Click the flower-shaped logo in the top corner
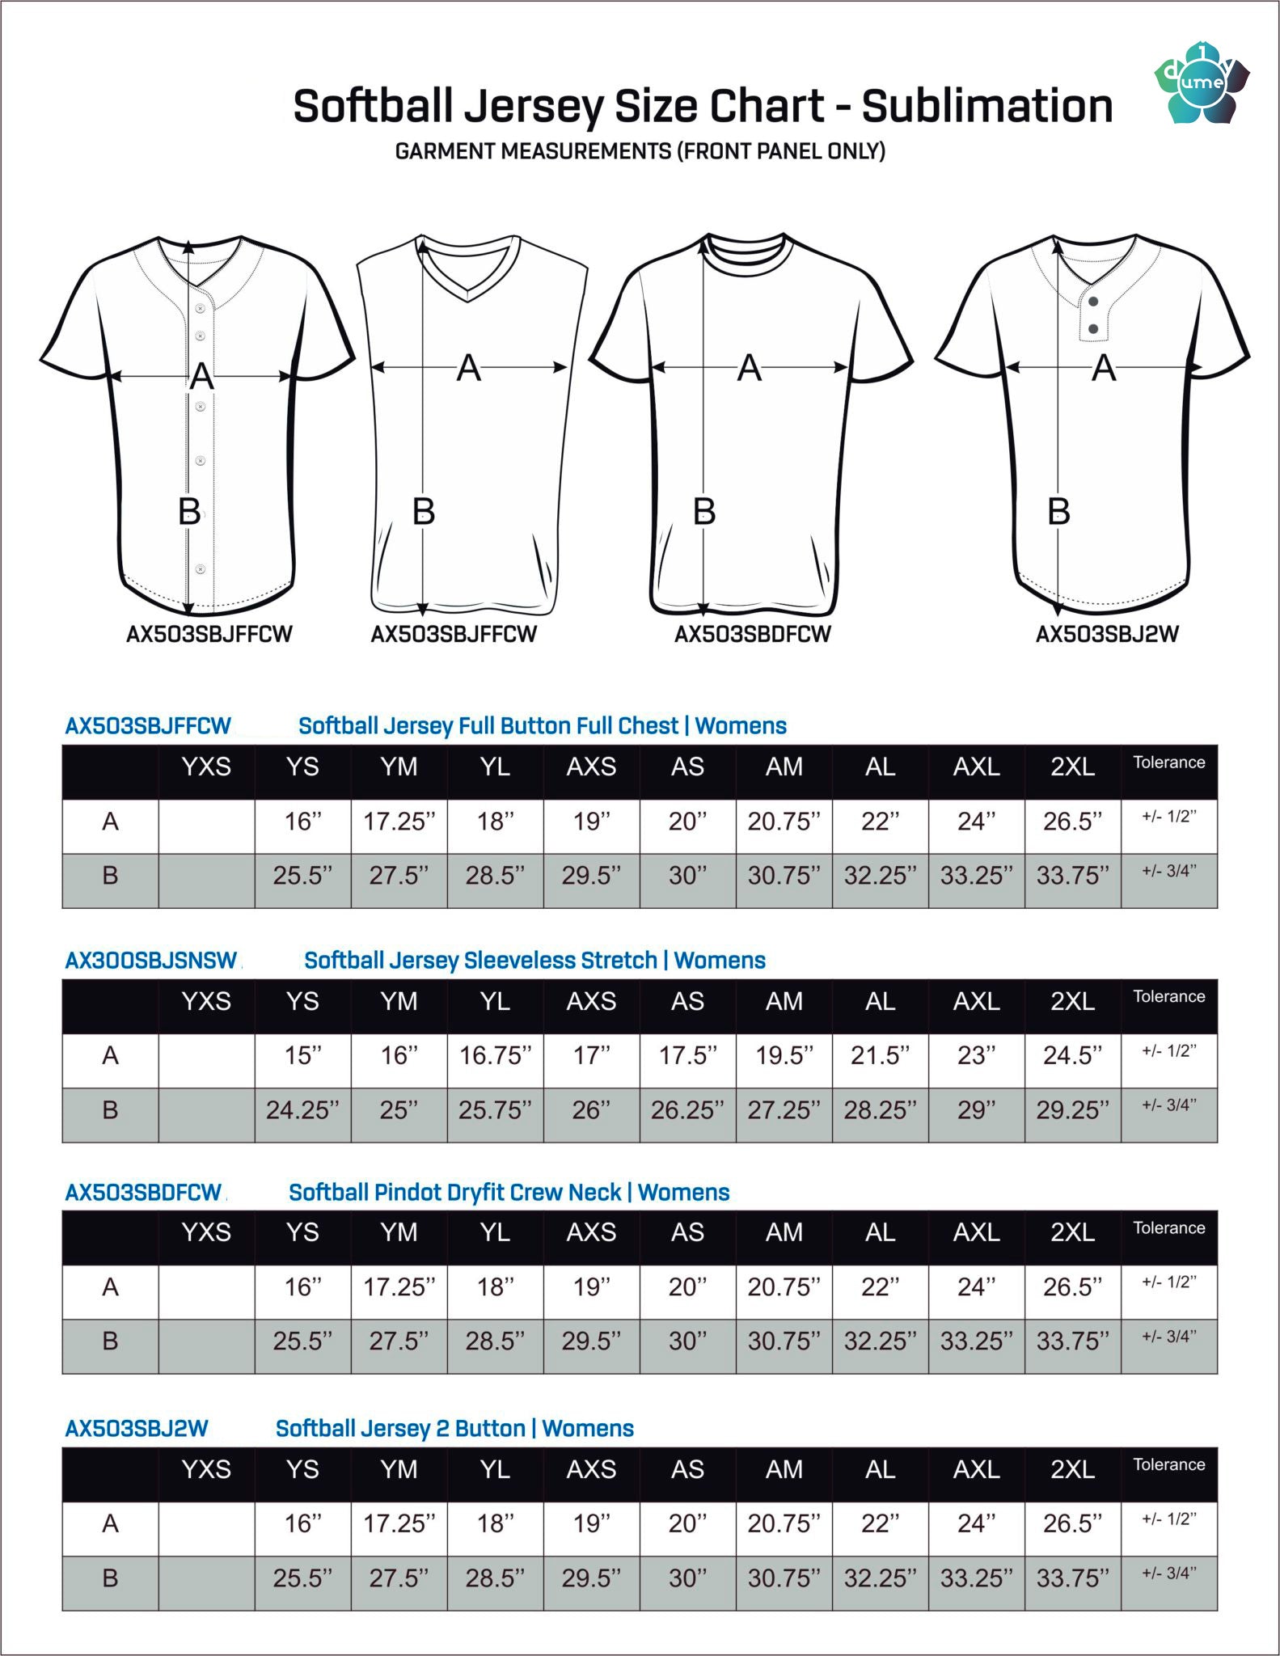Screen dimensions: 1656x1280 point(1201,83)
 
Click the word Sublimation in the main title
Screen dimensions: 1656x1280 point(986,106)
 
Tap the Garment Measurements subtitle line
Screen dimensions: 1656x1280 point(640,151)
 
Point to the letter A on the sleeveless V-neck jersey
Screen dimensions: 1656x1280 point(469,368)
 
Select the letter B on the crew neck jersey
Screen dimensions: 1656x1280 point(704,511)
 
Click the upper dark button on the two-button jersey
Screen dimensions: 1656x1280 point(1093,302)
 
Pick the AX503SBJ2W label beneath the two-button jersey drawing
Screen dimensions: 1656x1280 point(1107,634)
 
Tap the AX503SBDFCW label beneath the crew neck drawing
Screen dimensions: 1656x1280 point(753,634)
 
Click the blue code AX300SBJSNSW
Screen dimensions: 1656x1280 point(151,961)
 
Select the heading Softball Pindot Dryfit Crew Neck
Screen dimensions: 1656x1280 point(509,1193)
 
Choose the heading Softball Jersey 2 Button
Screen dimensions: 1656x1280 point(454,1429)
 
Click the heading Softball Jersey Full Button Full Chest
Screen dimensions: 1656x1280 point(542,726)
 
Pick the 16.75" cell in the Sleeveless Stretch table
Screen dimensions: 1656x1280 point(495,1055)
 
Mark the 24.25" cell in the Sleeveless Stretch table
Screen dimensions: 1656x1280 point(302,1110)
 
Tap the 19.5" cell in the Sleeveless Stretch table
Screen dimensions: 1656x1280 point(784,1055)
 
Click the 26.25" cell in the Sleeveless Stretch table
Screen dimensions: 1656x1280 point(687,1110)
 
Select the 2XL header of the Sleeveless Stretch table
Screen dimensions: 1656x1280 point(1072,1001)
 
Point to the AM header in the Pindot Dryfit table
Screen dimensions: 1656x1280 point(784,1232)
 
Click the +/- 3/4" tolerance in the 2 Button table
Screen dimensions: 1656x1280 point(1168,1574)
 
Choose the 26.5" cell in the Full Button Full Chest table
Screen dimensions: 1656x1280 point(1072,822)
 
